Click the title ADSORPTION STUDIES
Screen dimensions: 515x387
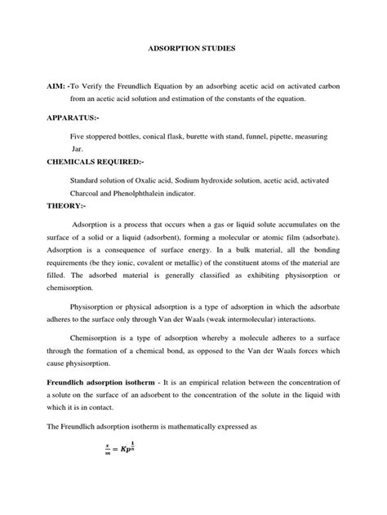point(193,49)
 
